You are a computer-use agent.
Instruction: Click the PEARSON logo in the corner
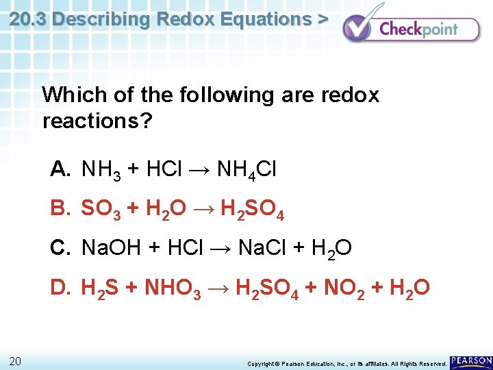point(470,360)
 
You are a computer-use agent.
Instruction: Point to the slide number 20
point(16,361)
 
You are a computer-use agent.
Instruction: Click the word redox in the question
point(346,95)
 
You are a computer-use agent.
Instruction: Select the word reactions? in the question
point(97,122)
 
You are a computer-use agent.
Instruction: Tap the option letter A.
point(60,169)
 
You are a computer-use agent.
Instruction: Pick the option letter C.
point(60,247)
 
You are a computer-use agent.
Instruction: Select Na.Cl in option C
point(262,247)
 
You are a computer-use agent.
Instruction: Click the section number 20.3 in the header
point(28,18)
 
